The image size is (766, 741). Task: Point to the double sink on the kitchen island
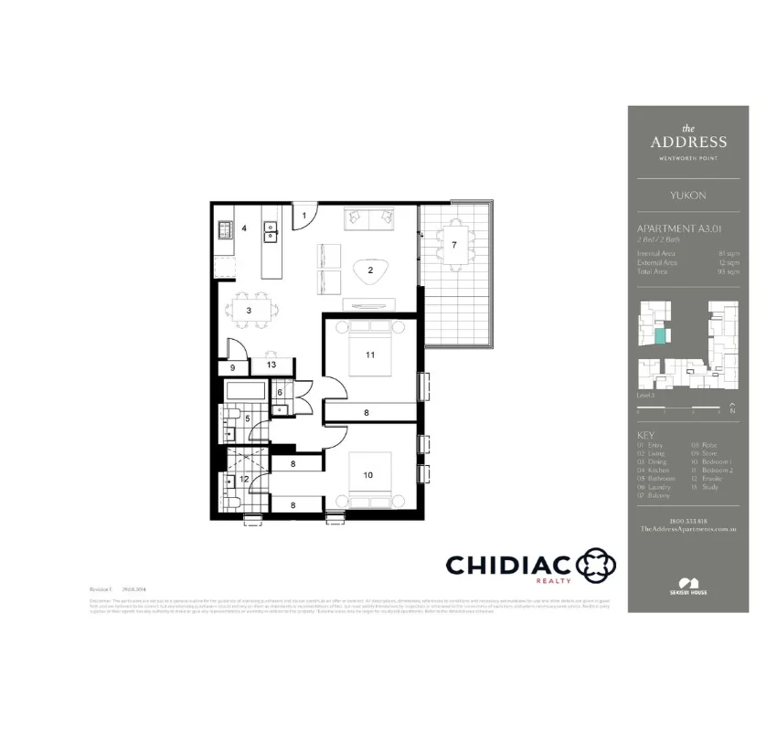[271, 232]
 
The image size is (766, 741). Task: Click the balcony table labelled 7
[454, 245]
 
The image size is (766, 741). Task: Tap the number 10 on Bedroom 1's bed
[367, 475]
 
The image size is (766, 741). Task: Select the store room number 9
[232, 367]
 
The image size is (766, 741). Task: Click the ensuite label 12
[243, 478]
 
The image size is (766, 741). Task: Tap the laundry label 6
[280, 393]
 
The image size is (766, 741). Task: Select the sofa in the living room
[368, 219]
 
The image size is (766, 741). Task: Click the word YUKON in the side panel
[687, 196]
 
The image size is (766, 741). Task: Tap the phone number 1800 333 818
[687, 521]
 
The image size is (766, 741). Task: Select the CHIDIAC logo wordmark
[508, 565]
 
